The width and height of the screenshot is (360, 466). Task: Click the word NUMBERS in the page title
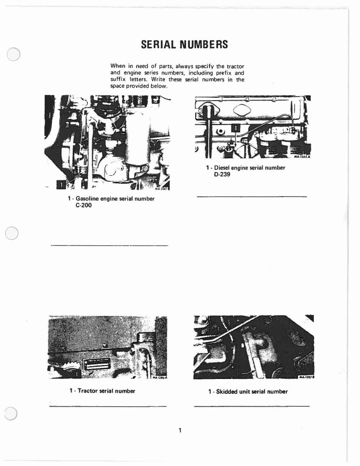pos(204,45)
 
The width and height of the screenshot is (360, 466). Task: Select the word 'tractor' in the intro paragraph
pos(234,66)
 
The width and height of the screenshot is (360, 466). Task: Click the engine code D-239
pos(222,174)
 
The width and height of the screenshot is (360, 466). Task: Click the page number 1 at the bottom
pos(180,430)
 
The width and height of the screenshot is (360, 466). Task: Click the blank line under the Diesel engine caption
pos(252,197)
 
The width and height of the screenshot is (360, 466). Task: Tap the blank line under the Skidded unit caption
pos(252,406)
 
